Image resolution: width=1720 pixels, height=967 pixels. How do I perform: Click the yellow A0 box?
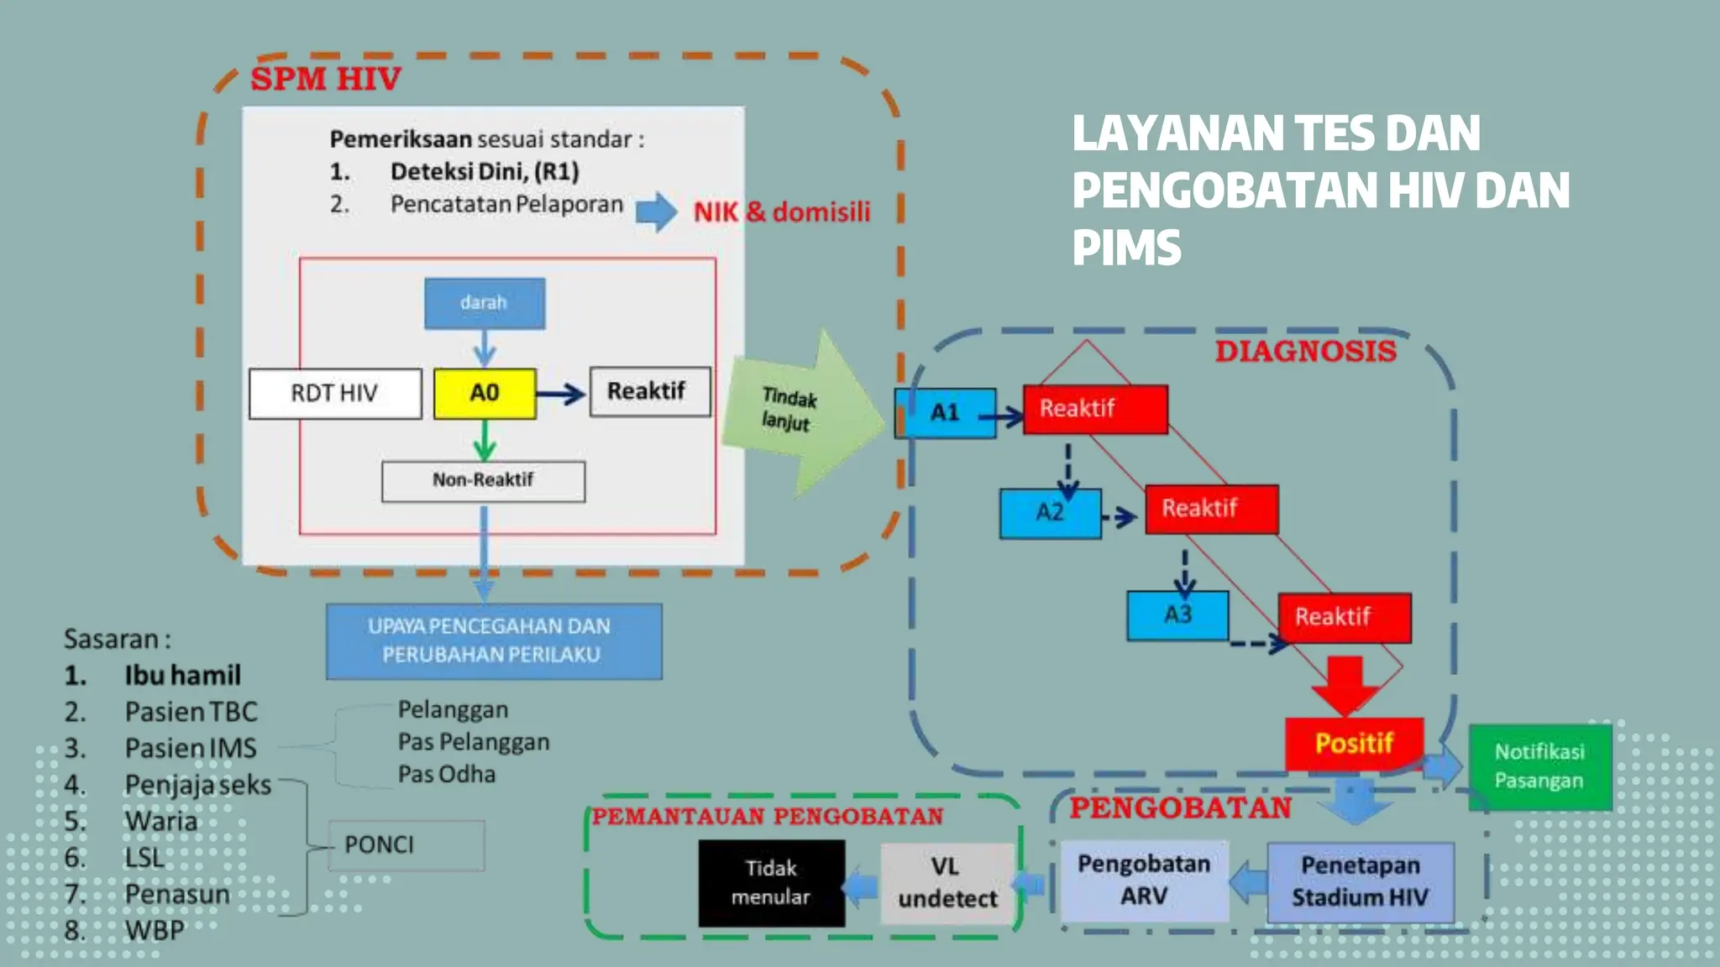click(x=485, y=393)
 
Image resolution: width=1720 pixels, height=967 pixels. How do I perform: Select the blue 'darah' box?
click(x=484, y=303)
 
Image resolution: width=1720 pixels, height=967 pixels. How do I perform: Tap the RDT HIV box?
click(x=334, y=393)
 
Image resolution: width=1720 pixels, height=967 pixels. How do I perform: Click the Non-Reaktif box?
click(x=483, y=480)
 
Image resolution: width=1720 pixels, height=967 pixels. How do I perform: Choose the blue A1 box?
click(x=946, y=412)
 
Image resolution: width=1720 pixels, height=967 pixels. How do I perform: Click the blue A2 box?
click(x=1050, y=513)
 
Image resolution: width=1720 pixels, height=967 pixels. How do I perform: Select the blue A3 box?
click(x=1177, y=615)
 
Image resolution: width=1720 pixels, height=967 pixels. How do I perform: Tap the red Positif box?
click(x=1354, y=743)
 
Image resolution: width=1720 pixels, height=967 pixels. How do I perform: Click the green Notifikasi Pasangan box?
click(x=1539, y=766)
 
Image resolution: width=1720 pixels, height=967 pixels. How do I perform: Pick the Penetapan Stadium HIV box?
click(x=1360, y=881)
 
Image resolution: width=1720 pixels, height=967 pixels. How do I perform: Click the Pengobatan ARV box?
click(x=1144, y=880)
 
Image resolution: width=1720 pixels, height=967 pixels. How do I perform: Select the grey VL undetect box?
click(x=947, y=883)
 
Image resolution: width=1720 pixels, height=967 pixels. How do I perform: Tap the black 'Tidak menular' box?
click(x=771, y=883)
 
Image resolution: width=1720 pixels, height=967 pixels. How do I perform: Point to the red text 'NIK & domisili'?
click(x=781, y=212)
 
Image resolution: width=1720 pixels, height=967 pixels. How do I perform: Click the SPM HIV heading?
click(x=326, y=79)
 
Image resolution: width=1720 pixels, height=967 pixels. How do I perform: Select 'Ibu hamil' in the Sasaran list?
click(x=182, y=675)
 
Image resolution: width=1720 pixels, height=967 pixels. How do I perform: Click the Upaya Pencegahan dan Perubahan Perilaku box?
click(x=493, y=640)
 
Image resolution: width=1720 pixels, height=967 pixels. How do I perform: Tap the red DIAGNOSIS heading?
click(x=1305, y=351)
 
